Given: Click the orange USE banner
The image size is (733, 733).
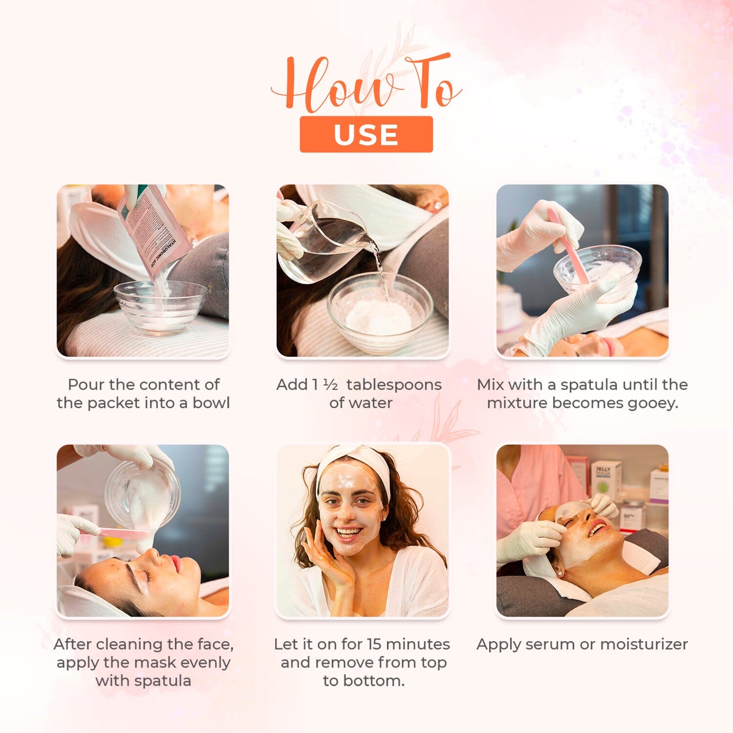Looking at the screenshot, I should pos(366,134).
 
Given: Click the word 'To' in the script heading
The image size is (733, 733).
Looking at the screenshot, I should pos(430,83).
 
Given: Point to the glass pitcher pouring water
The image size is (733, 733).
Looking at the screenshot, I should pos(323,239).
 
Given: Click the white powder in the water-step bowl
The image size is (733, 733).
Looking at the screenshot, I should pos(379,318).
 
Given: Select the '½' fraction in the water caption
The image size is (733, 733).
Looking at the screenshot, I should pos(330,385).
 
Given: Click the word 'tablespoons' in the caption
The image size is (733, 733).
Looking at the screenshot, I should pos(394,385).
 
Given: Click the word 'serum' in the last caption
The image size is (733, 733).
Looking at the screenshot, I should pos(548,645).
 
